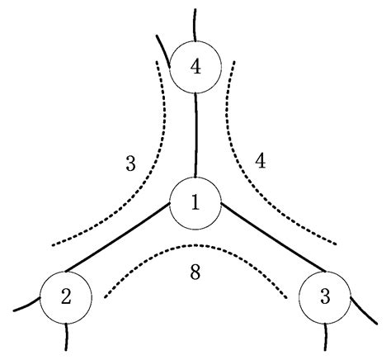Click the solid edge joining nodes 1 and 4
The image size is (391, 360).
195,135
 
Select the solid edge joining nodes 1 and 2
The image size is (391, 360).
117,237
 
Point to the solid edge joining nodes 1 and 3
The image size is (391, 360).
273,237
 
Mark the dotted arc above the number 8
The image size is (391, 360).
195,245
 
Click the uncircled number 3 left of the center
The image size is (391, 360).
130,163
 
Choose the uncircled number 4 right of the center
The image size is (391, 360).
260,161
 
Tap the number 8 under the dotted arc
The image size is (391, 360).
195,272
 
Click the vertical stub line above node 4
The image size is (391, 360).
195,25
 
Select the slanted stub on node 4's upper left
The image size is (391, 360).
163,50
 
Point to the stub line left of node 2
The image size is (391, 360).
27,306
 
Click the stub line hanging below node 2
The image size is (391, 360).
66,337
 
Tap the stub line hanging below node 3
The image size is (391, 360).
325,337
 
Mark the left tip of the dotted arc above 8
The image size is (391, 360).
105,298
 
